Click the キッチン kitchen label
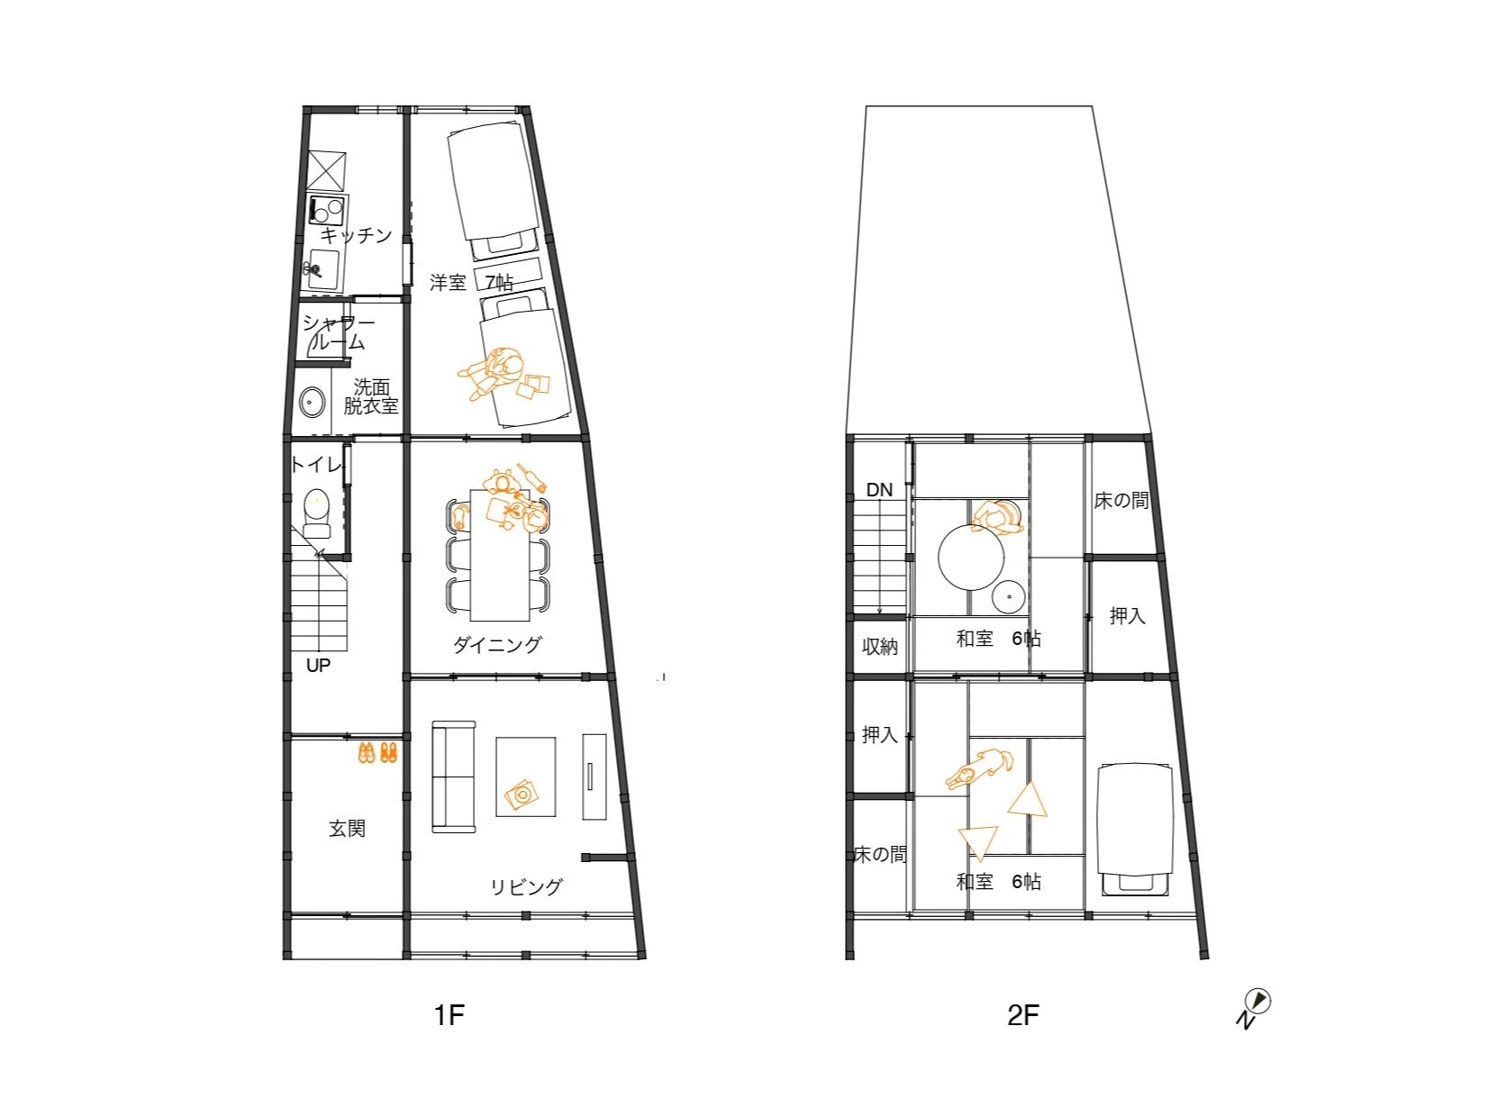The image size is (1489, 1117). [356, 235]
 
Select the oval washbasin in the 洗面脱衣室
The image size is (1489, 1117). [312, 402]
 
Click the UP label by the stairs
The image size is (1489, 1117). [318, 666]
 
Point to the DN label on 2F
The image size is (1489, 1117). [879, 490]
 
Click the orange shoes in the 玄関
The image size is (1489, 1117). [377, 753]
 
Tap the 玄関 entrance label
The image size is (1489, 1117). [348, 828]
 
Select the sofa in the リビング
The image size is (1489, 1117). [454, 776]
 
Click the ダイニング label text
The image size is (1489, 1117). [497, 644]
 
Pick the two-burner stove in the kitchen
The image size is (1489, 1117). [327, 210]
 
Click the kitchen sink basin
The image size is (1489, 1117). [323, 269]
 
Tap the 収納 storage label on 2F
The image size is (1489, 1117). [880, 647]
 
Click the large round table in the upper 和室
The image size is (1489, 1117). [971, 557]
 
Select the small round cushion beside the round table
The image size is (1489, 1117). [1010, 597]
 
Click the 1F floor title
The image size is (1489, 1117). [449, 1014]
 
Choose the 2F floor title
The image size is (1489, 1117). [1023, 1014]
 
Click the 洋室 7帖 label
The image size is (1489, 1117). [471, 282]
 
